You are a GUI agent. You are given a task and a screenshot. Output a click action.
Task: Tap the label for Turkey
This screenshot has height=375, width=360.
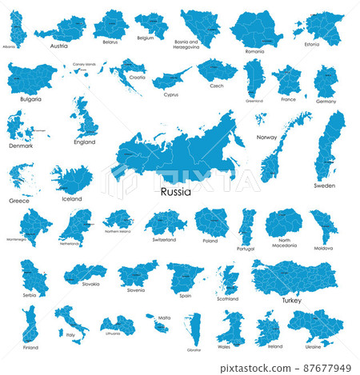pos(291,301)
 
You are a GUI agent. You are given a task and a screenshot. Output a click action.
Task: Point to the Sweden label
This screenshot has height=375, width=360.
pos(324,185)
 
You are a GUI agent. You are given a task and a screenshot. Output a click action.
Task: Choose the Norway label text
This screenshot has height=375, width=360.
pos(266,138)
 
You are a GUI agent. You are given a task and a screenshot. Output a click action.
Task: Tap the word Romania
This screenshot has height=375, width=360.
pos(254,51)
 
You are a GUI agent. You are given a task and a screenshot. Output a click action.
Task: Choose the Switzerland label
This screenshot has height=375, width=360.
pos(164,239)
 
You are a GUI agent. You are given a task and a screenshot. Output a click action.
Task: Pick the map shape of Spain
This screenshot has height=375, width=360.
pos(185,276)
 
